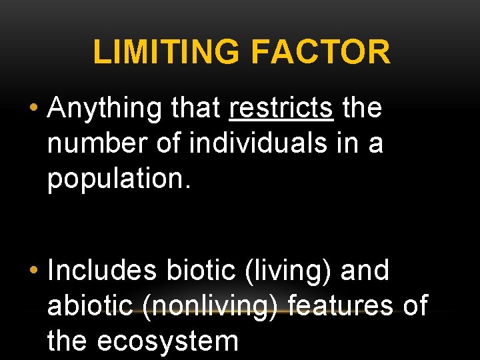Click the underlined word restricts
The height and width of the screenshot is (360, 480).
tap(281, 108)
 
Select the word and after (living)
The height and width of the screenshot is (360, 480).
tap(364, 271)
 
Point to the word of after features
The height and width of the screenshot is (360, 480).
tap(414, 306)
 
